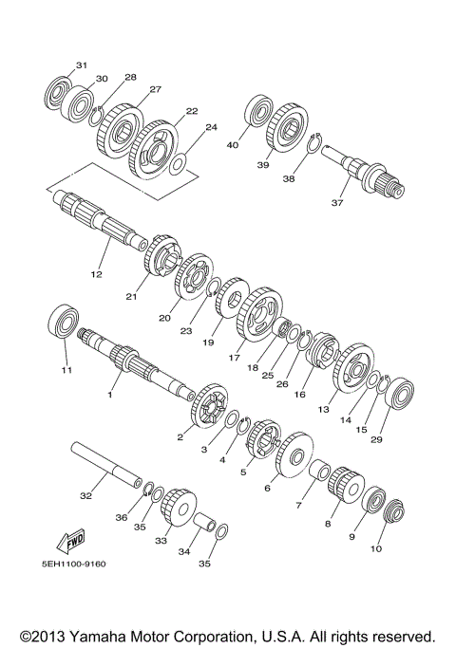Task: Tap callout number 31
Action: (82, 65)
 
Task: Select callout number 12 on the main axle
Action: (96, 274)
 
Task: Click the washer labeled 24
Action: (178, 162)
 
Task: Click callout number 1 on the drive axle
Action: (109, 394)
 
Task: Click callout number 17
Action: (234, 359)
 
